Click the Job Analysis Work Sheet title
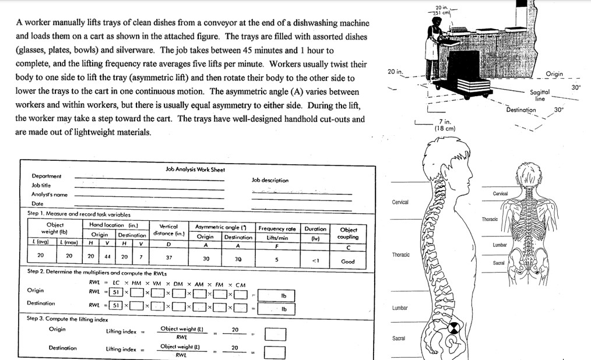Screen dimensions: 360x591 (195, 170)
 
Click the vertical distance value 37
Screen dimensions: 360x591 (168, 257)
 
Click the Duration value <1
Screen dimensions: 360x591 (315, 260)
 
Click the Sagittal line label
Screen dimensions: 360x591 (540, 96)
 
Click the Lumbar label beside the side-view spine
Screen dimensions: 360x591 (400, 307)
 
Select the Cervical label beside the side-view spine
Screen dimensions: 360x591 (400, 202)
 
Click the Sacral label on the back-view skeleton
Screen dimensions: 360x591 (499, 263)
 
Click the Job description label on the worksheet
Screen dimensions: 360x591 (270, 181)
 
